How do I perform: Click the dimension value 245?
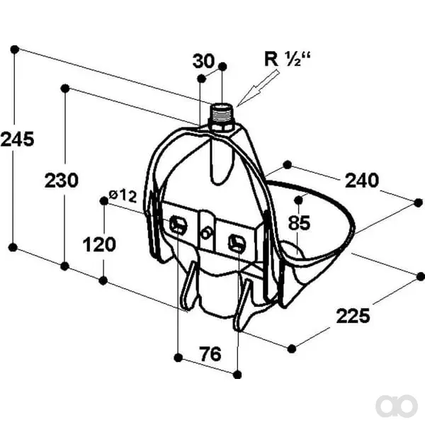17,140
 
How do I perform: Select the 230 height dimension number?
62,180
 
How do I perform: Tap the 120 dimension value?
99,244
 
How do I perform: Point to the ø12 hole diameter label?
123,195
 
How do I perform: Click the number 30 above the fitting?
203,61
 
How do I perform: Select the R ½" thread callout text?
287,59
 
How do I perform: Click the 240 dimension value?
361,180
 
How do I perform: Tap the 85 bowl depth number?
299,223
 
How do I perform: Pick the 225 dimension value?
353,316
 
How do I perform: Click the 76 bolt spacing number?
210,353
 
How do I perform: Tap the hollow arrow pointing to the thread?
258,88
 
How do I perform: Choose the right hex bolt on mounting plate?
237,242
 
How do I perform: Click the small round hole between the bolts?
206,234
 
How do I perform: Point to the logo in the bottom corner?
396,407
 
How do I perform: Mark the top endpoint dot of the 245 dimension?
15,50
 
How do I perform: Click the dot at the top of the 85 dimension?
298,200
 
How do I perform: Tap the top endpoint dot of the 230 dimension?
65,89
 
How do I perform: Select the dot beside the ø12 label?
104,201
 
